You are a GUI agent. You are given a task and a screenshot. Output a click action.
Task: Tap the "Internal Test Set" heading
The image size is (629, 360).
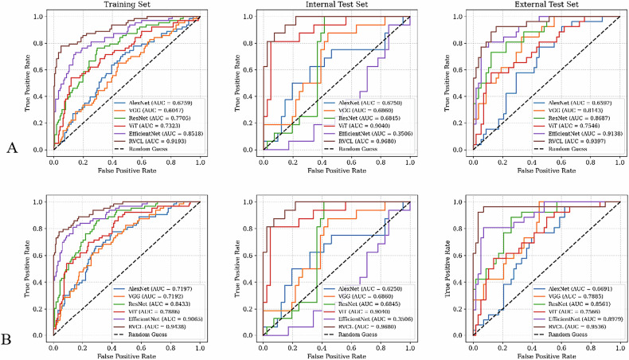point(337,6)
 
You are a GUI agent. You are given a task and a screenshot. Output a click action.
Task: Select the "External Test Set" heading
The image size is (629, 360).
point(549,6)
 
